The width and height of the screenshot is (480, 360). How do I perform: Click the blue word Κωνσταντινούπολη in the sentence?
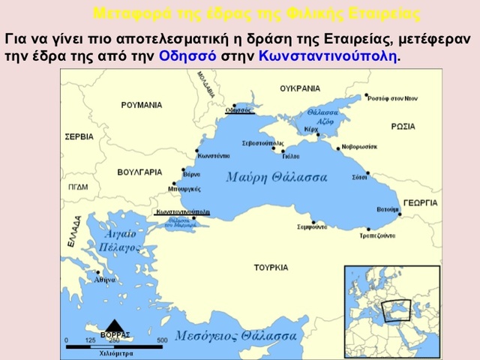pos(328,55)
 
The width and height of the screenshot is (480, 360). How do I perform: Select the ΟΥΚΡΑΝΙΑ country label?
pos(300,88)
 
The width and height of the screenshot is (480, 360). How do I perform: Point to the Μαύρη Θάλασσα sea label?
pos(277,178)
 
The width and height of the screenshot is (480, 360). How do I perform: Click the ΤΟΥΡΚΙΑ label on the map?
pos(271,267)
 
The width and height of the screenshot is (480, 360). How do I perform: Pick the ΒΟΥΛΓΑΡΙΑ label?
pos(139,172)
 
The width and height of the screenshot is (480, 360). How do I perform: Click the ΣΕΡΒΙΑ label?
pos(79,137)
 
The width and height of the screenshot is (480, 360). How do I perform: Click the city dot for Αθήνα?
pos(97,272)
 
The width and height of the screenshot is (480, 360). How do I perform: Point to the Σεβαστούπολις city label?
pos(262,142)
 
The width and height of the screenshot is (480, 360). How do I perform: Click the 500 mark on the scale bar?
pos(161,340)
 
